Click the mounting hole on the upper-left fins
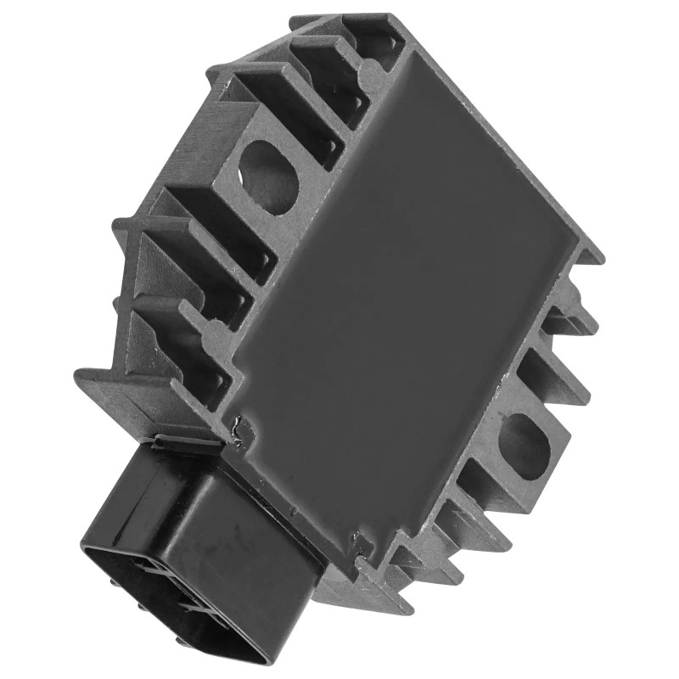click(x=269, y=173)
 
